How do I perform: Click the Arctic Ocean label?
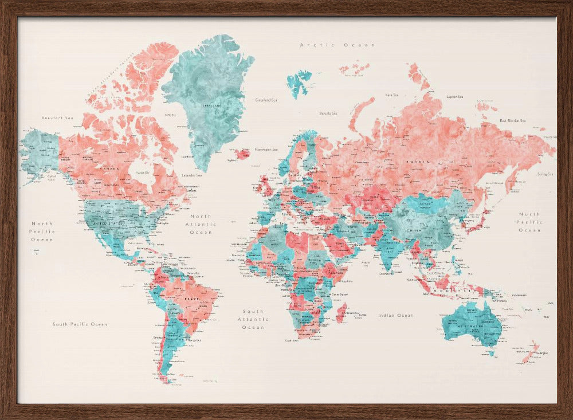pos(337,45)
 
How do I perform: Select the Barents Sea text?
pos(328,113)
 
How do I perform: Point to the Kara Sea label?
pos(392,95)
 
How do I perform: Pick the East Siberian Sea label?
pos(512,121)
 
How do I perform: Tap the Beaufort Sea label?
pos(58,118)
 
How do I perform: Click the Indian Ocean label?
pos(395,315)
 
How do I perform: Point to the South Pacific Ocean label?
pos(80,324)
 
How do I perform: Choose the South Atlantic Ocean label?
pos(253,319)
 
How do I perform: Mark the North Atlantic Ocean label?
pos(201,224)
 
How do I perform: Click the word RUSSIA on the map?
pos(418,162)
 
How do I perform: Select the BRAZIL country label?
pos(191,299)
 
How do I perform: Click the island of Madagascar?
pos(342,313)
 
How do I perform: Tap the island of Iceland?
pos(242,153)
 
